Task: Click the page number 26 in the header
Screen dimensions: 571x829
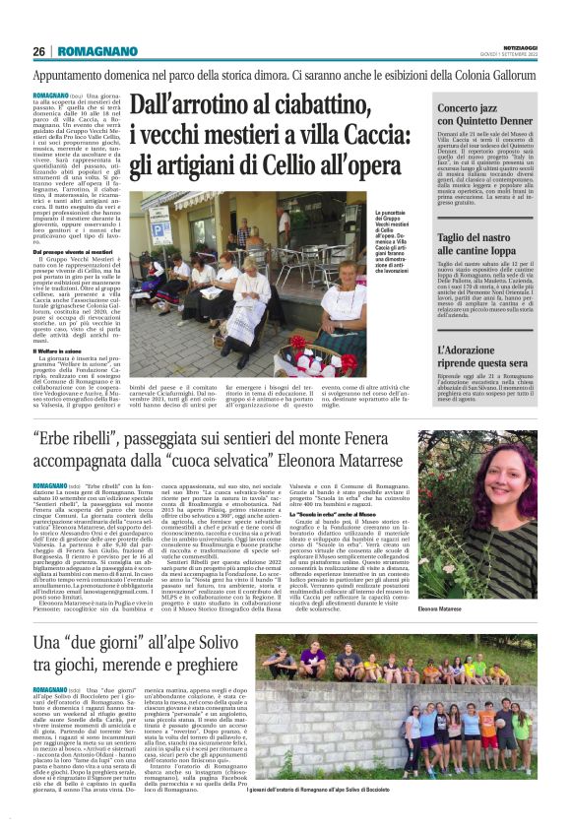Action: coord(38,51)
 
